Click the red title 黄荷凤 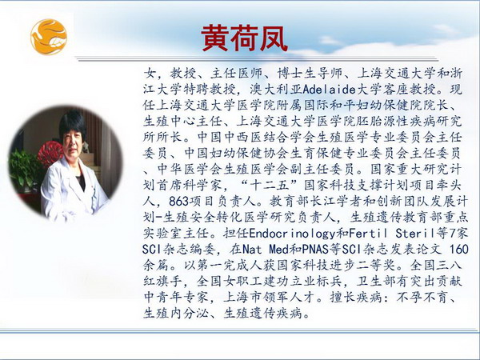[244, 38]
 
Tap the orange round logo [49, 37]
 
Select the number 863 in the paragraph [178, 201]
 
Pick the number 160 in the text [459, 249]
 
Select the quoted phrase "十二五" [270, 186]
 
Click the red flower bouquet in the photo [50, 153]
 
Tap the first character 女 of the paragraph [150, 74]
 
